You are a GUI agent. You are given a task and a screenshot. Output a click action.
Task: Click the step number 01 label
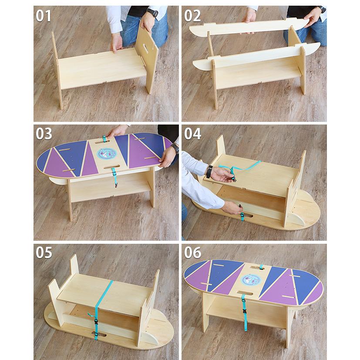coord(44,16)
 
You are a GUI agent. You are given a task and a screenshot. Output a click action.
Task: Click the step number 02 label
coord(192,16)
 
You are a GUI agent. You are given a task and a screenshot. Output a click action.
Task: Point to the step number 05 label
coord(44,252)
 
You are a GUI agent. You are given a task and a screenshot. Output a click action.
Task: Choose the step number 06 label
coord(192,252)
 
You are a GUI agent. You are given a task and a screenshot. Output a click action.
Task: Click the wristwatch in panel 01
coord(152,12)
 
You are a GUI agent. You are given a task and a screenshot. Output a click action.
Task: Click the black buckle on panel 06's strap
coord(244,312)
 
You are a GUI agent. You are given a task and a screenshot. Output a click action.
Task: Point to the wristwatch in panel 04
coord(209,171)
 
